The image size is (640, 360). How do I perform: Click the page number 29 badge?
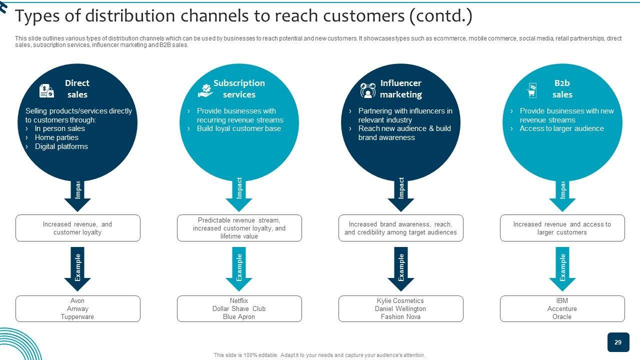(x=618, y=342)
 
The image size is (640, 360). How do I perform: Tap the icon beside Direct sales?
(x=46, y=90)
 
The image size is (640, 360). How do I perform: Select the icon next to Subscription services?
(x=205, y=90)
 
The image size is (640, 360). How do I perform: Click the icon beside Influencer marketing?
(x=368, y=90)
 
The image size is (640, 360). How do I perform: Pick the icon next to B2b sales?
(x=531, y=90)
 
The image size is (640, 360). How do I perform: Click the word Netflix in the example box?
(x=239, y=301)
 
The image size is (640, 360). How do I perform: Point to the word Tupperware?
(x=77, y=317)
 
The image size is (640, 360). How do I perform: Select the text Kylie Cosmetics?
(x=400, y=301)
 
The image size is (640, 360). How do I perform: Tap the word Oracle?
(x=562, y=317)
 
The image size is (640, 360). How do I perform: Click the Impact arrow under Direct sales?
(x=77, y=195)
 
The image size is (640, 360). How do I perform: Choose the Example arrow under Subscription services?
(x=239, y=268)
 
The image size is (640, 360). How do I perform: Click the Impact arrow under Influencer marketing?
(x=400, y=195)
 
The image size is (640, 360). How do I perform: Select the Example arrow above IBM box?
(x=562, y=268)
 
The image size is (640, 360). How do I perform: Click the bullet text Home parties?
(x=56, y=137)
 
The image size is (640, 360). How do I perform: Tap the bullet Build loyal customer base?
(x=238, y=128)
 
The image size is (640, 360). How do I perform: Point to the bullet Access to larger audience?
(x=561, y=128)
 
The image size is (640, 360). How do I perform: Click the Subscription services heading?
(x=239, y=88)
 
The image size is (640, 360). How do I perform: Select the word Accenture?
(x=562, y=309)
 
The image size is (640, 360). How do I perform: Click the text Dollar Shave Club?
(x=239, y=309)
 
